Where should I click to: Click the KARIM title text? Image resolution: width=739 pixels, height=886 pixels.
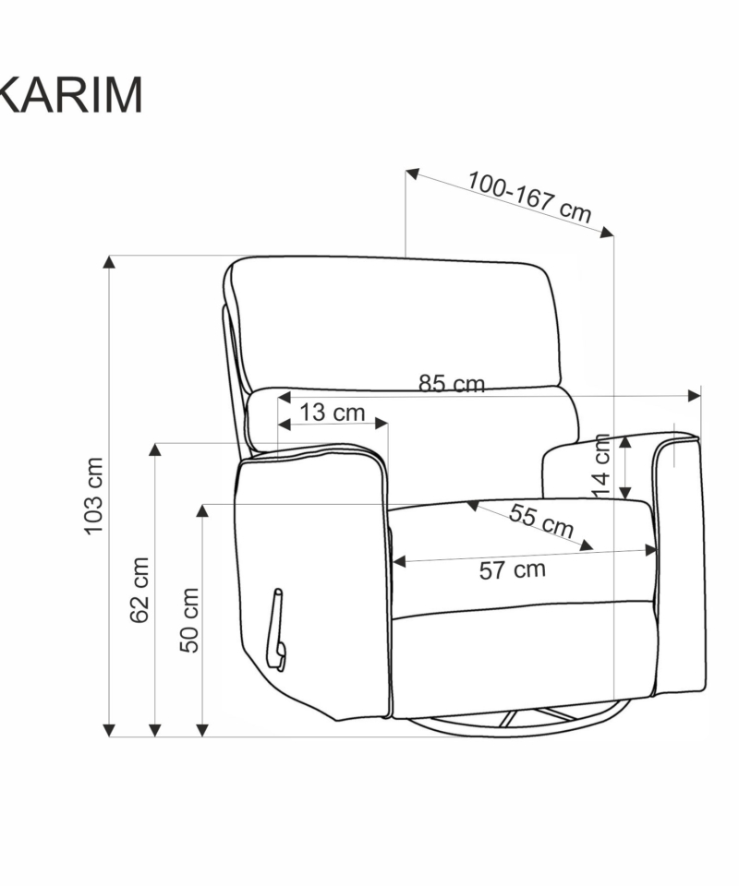[71, 95]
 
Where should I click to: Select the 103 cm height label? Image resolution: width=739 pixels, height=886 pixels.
[94, 497]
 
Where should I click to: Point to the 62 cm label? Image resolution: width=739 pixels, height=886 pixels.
[139, 590]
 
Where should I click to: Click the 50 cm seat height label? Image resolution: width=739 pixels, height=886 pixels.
[189, 620]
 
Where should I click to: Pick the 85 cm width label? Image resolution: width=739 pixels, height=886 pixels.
[452, 384]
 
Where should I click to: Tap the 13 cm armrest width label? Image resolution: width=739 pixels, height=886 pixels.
[332, 413]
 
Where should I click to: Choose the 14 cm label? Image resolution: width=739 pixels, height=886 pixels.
[601, 466]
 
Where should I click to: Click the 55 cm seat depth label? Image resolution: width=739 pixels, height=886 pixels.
[541, 521]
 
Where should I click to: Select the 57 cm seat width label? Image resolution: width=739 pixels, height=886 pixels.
[513, 569]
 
